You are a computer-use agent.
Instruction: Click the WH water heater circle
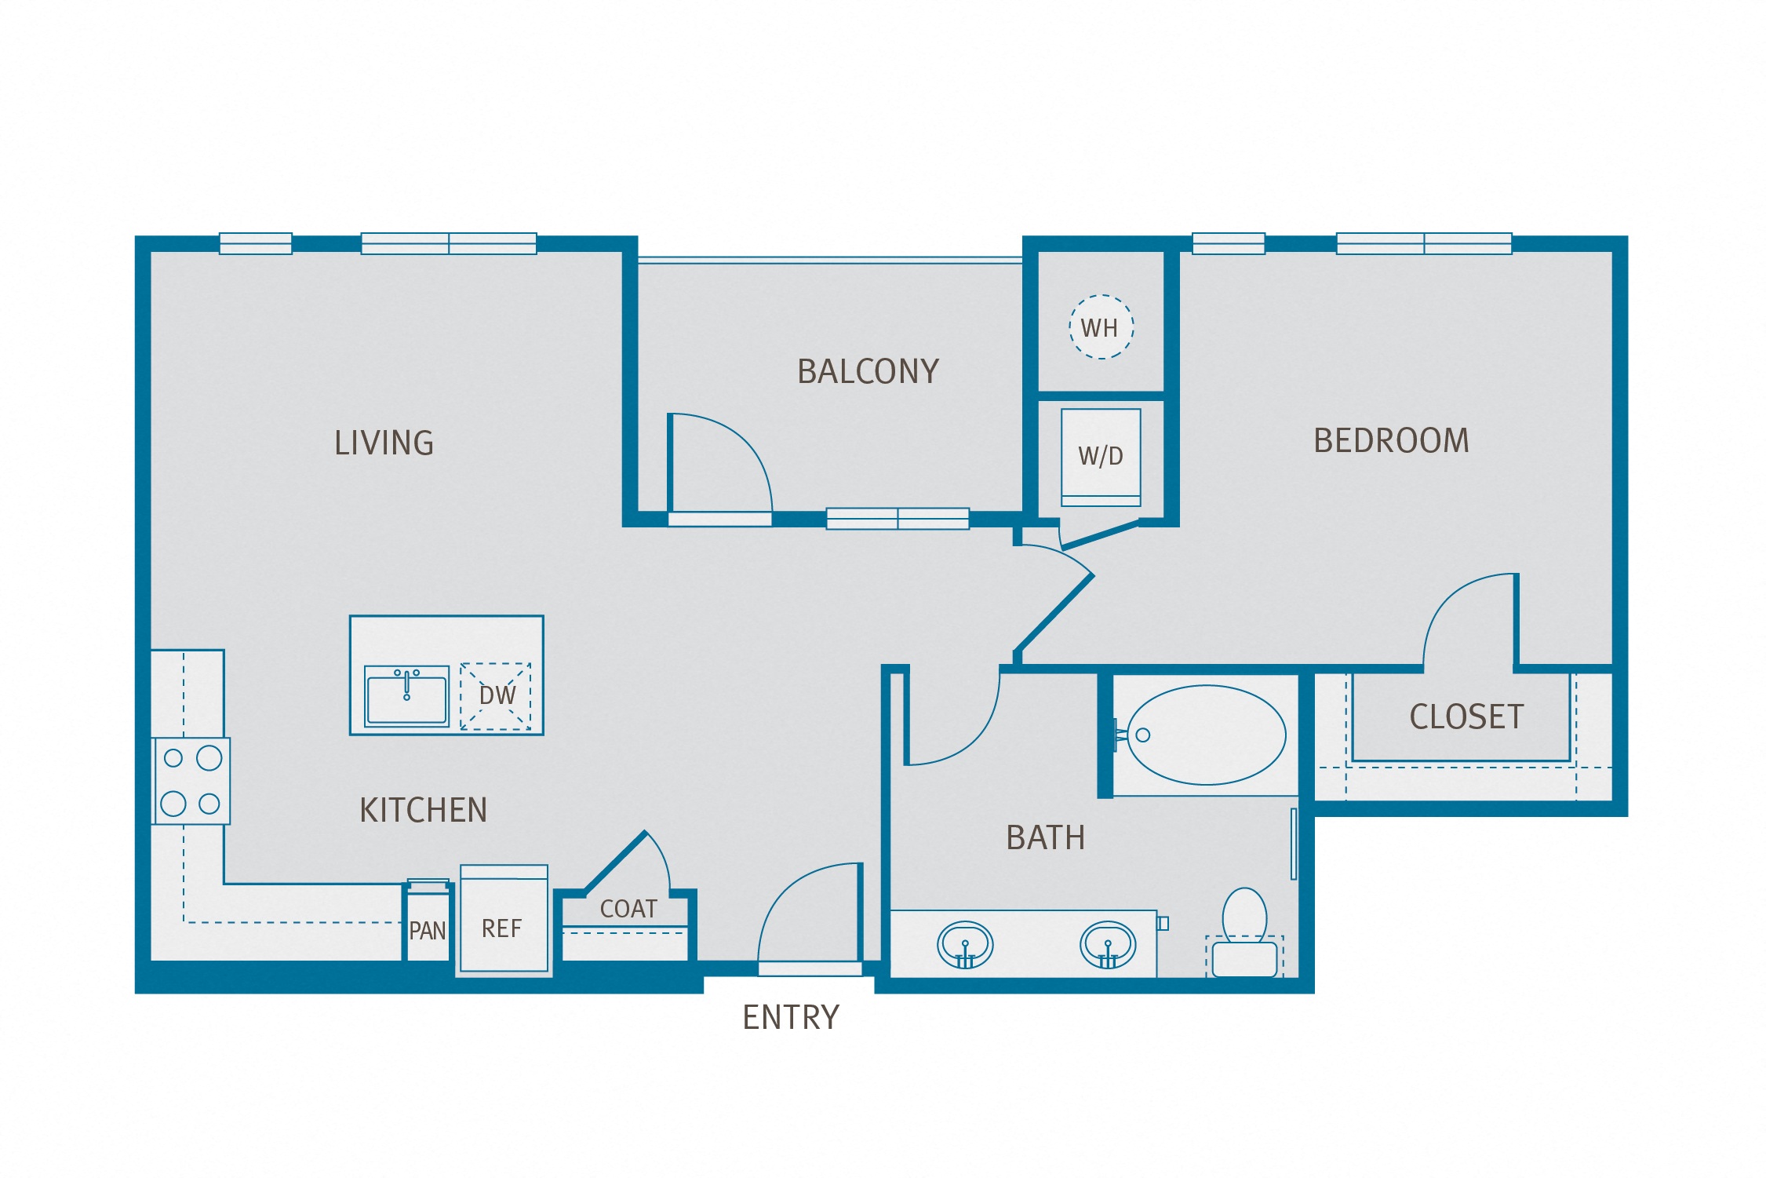[1101, 326]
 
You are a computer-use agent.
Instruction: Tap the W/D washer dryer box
[1101, 456]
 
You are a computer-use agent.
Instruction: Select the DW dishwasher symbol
[496, 696]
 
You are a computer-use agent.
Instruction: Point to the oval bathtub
[1206, 735]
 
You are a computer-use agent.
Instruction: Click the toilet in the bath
[1244, 934]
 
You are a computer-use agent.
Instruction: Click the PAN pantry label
[428, 931]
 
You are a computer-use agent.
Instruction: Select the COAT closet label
[628, 909]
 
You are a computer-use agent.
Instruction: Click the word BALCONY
[868, 372]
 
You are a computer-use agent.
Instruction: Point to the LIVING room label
[384, 443]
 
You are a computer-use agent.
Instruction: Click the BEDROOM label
[1391, 441]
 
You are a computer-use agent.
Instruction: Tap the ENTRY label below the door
[790, 1018]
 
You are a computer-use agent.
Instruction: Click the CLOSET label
[1466, 717]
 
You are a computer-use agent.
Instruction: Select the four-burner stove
[191, 781]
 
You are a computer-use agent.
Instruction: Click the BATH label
[1045, 838]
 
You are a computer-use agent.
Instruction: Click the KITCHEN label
[423, 811]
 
